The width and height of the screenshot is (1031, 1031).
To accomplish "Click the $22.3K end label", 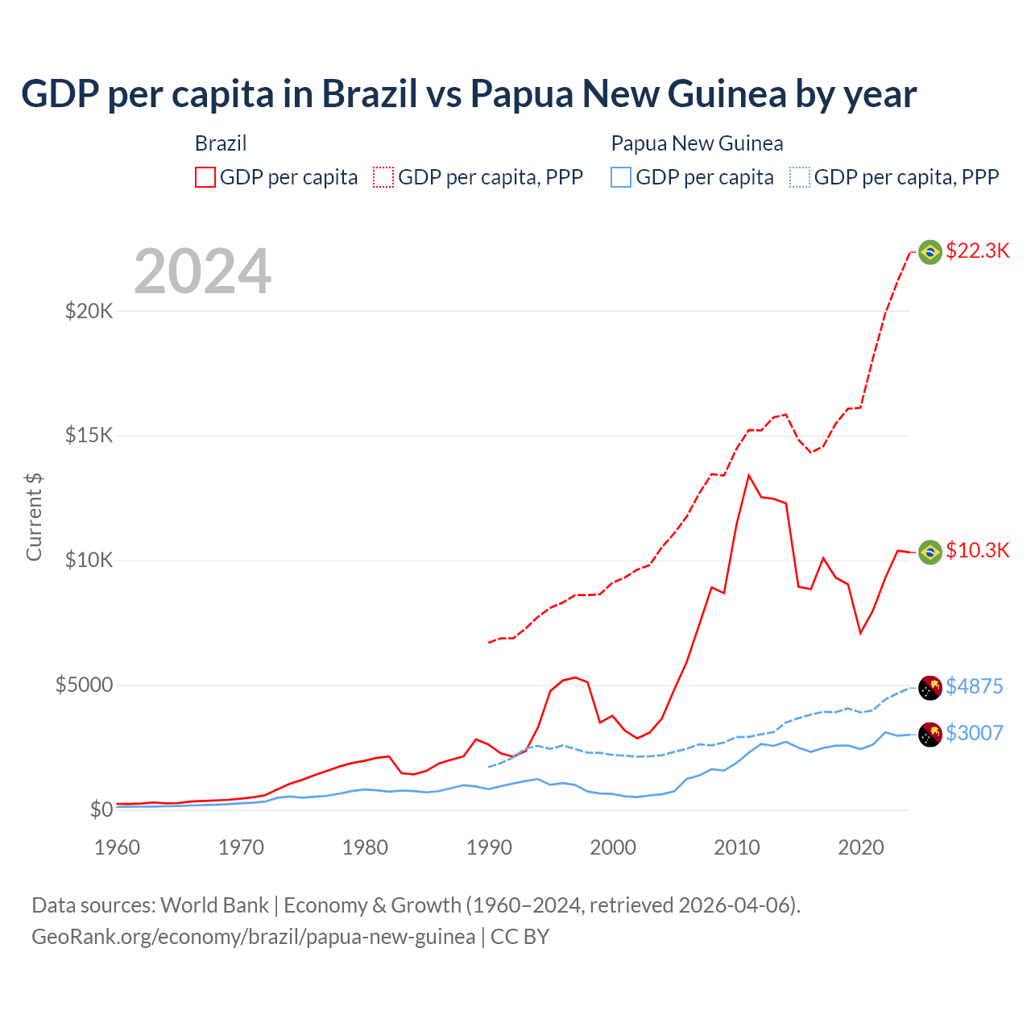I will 977,251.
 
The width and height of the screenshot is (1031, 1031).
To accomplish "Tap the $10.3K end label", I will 977,550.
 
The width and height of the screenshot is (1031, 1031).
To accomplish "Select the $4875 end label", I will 974,686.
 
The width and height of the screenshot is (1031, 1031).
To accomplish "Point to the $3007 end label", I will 974,733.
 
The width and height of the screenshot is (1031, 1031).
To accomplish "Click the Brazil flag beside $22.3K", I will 930,252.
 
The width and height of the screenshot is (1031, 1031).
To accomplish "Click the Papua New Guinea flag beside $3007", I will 930,735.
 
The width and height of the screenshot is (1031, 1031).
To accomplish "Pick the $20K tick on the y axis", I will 89,311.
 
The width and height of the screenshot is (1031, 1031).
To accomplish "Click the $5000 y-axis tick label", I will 84,685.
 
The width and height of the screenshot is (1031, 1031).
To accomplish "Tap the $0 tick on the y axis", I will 101,809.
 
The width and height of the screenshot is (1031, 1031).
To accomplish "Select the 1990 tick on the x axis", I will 489,847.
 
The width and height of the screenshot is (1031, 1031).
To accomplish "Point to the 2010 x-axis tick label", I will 737,847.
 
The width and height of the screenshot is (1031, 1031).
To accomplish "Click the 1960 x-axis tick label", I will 118,847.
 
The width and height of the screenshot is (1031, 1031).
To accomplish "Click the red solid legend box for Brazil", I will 205,177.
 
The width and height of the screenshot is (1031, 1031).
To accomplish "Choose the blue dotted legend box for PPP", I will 800,177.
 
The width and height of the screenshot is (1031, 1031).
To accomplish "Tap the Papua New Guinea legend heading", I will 697,143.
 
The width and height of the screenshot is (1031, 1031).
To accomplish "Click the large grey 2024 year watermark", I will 202,271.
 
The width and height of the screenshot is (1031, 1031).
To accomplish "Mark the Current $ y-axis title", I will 34,517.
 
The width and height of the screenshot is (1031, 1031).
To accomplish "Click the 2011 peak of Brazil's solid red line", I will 749,475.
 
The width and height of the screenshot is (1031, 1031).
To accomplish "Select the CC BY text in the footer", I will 520,937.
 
